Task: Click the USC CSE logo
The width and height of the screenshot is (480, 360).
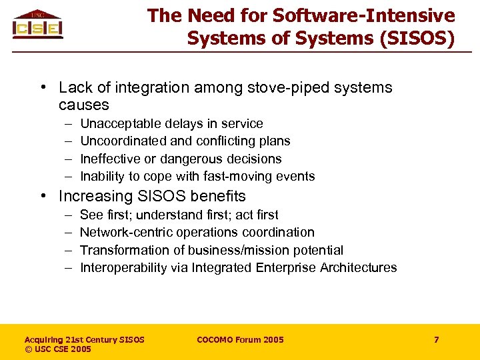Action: click(x=37, y=24)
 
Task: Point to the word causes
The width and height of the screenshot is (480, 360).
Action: click(x=83, y=105)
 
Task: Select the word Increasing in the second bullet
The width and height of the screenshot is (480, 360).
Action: click(x=92, y=196)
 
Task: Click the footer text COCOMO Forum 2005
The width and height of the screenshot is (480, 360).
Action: click(x=240, y=339)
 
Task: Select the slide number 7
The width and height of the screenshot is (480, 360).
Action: click(x=436, y=339)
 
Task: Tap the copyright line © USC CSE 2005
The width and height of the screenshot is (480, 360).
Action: click(x=58, y=349)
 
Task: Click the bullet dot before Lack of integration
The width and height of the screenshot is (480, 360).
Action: click(x=42, y=88)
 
